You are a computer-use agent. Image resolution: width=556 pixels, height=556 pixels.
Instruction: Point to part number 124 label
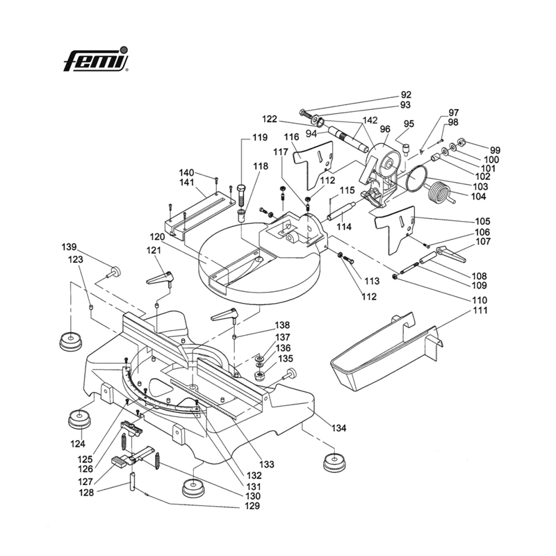coord(78,444)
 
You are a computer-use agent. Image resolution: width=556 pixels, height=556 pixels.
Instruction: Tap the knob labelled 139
coord(115,270)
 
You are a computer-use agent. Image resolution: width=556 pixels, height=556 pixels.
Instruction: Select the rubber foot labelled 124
coord(78,420)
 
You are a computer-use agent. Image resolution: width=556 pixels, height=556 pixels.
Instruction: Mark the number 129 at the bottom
coord(252,507)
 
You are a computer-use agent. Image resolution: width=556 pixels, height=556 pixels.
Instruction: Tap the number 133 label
coord(267,464)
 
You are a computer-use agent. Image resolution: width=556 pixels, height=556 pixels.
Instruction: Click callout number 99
coord(495,150)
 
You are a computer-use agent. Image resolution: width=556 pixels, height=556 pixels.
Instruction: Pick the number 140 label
coord(186,172)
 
